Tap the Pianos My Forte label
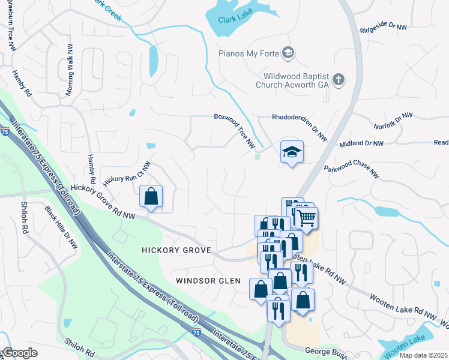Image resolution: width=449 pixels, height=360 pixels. tap(249, 54)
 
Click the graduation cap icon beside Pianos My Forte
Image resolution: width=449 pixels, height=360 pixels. tap(288, 53)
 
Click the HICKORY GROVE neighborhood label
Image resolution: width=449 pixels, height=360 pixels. tap(176, 250)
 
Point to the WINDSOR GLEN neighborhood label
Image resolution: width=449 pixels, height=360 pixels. tap(208, 281)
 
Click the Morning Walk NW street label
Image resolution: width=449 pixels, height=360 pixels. tap(70, 69)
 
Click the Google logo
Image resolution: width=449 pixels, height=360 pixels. tap(20, 353)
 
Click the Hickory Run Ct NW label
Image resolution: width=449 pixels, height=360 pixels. tap(127, 175)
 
